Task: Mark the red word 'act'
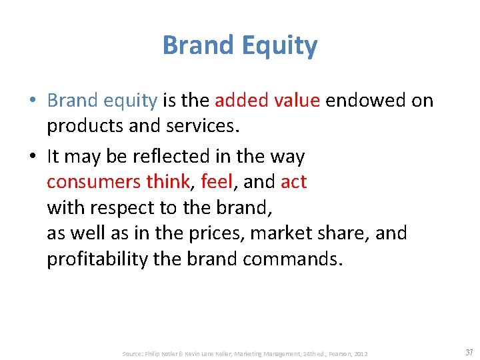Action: pos(294,182)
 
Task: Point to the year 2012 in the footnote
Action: pos(360,353)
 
